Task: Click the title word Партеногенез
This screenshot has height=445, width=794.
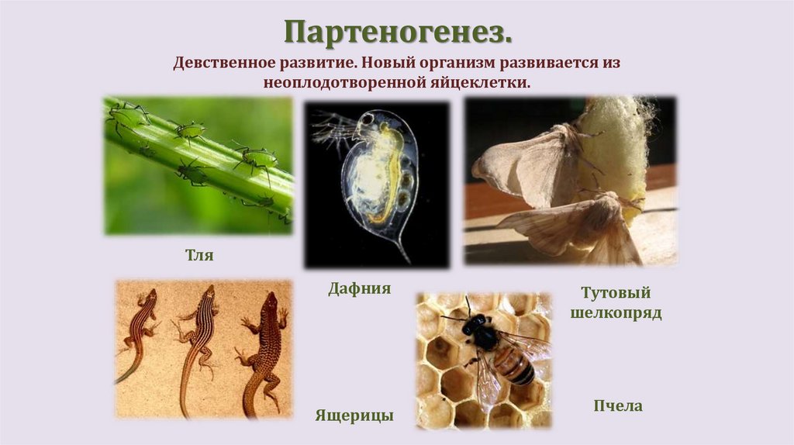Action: (x=398, y=33)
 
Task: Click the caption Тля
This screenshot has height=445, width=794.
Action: (x=199, y=254)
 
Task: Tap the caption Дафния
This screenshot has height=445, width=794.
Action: (x=359, y=289)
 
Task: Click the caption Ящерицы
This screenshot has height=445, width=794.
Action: (x=354, y=416)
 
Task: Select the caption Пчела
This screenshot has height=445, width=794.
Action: (x=617, y=405)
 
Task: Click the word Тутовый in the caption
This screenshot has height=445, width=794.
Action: (x=616, y=294)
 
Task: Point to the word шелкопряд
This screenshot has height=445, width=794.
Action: (x=616, y=314)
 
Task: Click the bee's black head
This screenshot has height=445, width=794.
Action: (x=471, y=325)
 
